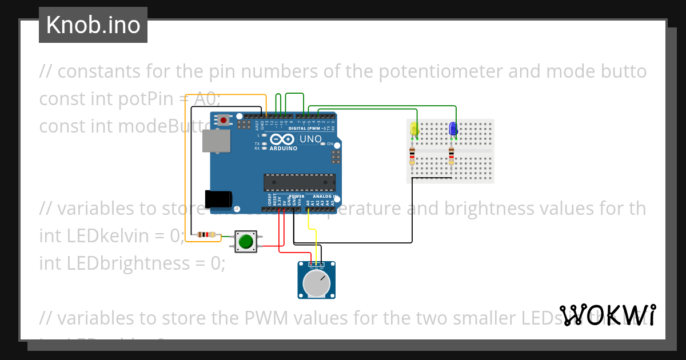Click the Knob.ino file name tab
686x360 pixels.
tap(93, 25)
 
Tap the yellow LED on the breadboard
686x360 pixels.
tap(414, 130)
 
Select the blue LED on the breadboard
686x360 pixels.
tap(453, 129)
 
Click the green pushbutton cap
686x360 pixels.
tap(246, 242)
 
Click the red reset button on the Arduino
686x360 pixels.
tap(224, 120)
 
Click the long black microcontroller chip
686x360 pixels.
tap(299, 182)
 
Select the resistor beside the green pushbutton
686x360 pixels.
tap(206, 234)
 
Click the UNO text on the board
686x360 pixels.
tap(311, 139)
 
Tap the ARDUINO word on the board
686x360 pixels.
tap(283, 149)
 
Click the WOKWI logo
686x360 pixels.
tap(608, 315)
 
